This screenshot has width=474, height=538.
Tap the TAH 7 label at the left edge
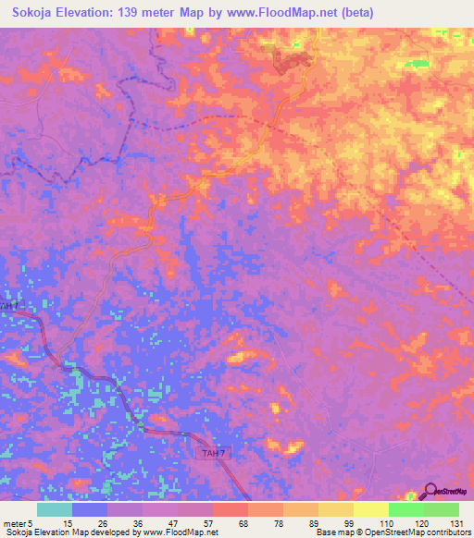(8, 305)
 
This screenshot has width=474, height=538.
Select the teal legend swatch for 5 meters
(54, 509)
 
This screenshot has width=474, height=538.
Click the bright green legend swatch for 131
(441, 509)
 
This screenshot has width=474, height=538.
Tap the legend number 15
(68, 522)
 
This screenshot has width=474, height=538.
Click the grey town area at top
(291, 61)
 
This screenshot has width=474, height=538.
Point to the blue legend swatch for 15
(89, 509)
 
